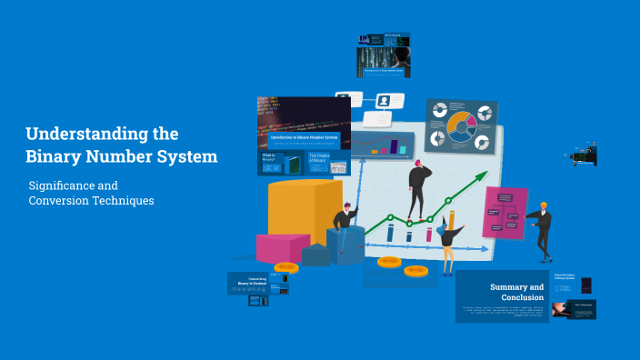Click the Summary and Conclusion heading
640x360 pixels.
coord(516,292)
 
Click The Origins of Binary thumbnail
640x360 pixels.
coord(328,163)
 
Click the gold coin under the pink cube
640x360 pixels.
coord(286,268)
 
